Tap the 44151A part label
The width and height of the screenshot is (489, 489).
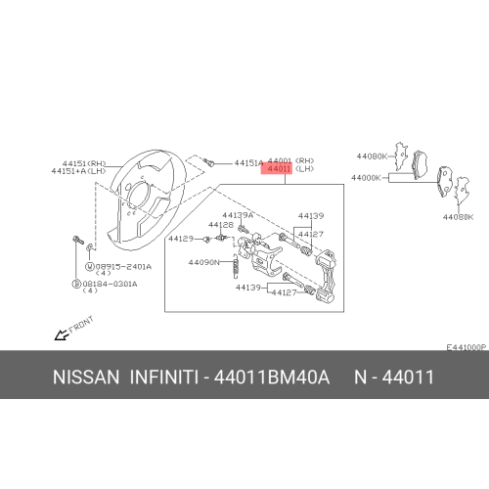[x=248, y=163]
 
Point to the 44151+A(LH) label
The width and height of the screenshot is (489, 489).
[x=77, y=171]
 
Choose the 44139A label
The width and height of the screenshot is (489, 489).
[x=238, y=215]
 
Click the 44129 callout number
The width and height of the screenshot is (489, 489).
[x=180, y=238]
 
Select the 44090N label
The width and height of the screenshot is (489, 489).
[x=202, y=262]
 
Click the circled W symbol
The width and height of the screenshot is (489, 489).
[x=89, y=266]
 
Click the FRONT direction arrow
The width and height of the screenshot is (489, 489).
[x=62, y=334]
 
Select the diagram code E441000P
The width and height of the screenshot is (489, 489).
[x=466, y=348]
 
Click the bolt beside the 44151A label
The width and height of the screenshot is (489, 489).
[x=211, y=163]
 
